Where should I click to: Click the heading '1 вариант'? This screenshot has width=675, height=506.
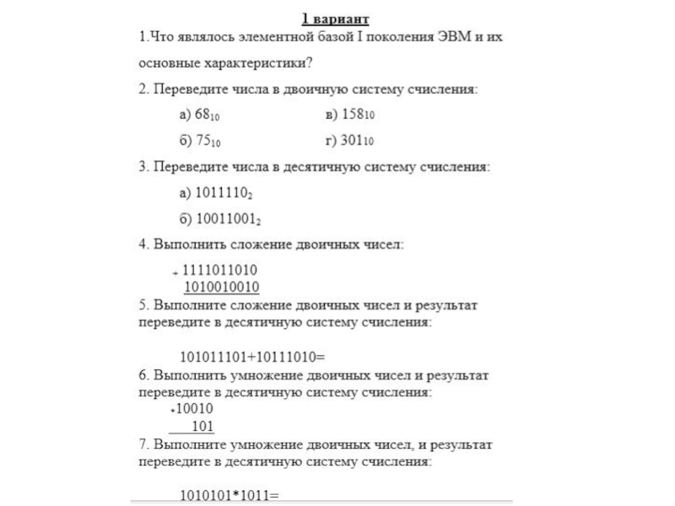tap(335, 19)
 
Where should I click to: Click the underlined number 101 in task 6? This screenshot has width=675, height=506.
tap(202, 426)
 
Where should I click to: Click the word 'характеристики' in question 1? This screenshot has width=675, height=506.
tap(257, 62)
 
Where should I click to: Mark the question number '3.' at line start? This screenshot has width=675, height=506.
tap(143, 167)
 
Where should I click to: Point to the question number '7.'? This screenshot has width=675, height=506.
tap(143, 444)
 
